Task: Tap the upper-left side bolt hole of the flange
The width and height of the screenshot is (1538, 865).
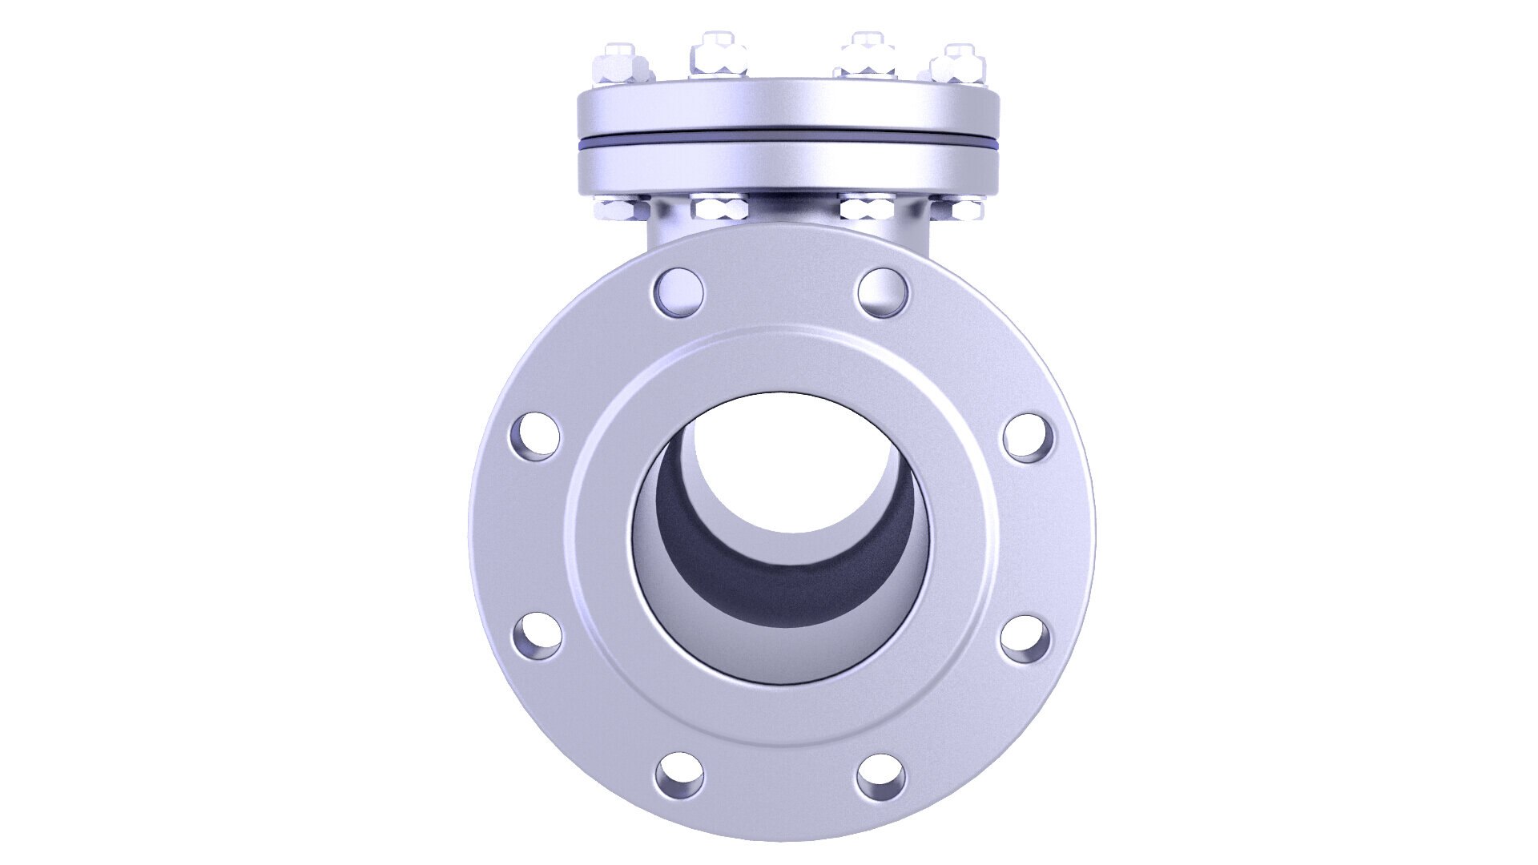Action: click(x=534, y=437)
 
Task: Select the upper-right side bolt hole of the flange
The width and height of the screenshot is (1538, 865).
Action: click(x=1028, y=437)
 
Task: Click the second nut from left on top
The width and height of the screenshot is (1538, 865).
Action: click(x=719, y=56)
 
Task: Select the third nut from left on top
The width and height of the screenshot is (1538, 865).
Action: click(x=866, y=56)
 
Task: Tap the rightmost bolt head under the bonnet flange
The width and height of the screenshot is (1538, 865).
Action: click(x=957, y=210)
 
